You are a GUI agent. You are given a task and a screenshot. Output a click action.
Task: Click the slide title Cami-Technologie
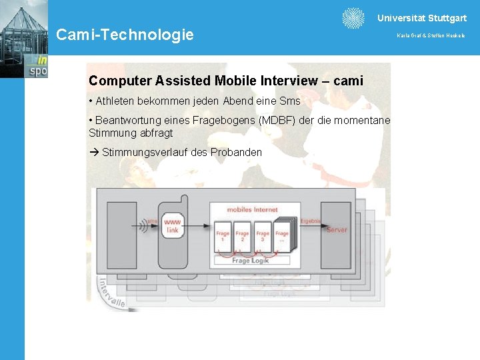125,35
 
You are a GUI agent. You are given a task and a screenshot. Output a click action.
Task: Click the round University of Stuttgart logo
353,19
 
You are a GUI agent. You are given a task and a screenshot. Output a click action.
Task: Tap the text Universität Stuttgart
422,19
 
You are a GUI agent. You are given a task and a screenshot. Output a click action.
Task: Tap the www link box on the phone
173,226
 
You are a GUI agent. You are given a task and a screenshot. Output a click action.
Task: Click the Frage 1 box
223,237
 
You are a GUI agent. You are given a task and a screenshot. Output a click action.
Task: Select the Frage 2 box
242,237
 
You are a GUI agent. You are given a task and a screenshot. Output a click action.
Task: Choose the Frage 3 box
263,237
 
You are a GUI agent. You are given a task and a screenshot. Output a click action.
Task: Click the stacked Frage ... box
283,235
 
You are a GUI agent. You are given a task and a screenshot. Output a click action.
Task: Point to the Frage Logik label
251,261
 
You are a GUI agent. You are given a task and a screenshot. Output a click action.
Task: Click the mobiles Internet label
252,210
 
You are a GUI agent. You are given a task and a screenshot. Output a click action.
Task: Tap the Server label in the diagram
337,230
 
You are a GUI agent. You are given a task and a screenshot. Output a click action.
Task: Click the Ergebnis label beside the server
311,221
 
